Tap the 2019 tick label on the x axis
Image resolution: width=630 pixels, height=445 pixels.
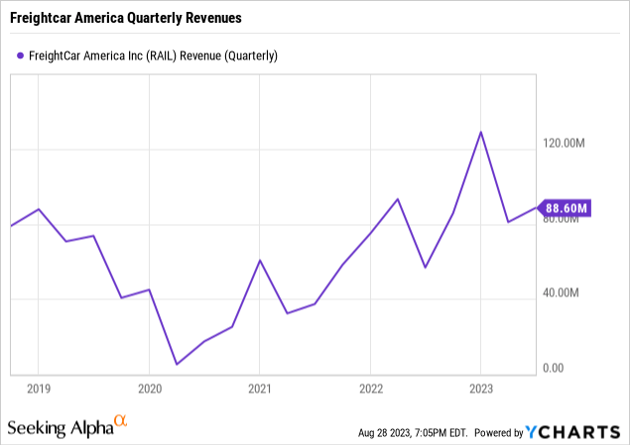click(38, 389)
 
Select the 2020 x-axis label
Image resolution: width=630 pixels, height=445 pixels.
click(149, 389)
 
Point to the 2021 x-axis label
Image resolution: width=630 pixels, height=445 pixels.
click(259, 389)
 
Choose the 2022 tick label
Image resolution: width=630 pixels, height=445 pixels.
click(370, 389)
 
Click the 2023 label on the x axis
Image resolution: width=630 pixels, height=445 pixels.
click(480, 389)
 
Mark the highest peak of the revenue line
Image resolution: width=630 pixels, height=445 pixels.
click(481, 132)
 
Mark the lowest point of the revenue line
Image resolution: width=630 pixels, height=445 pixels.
click(177, 365)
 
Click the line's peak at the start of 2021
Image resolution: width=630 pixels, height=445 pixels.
click(259, 260)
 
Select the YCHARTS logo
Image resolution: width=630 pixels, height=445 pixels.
click(584, 432)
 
